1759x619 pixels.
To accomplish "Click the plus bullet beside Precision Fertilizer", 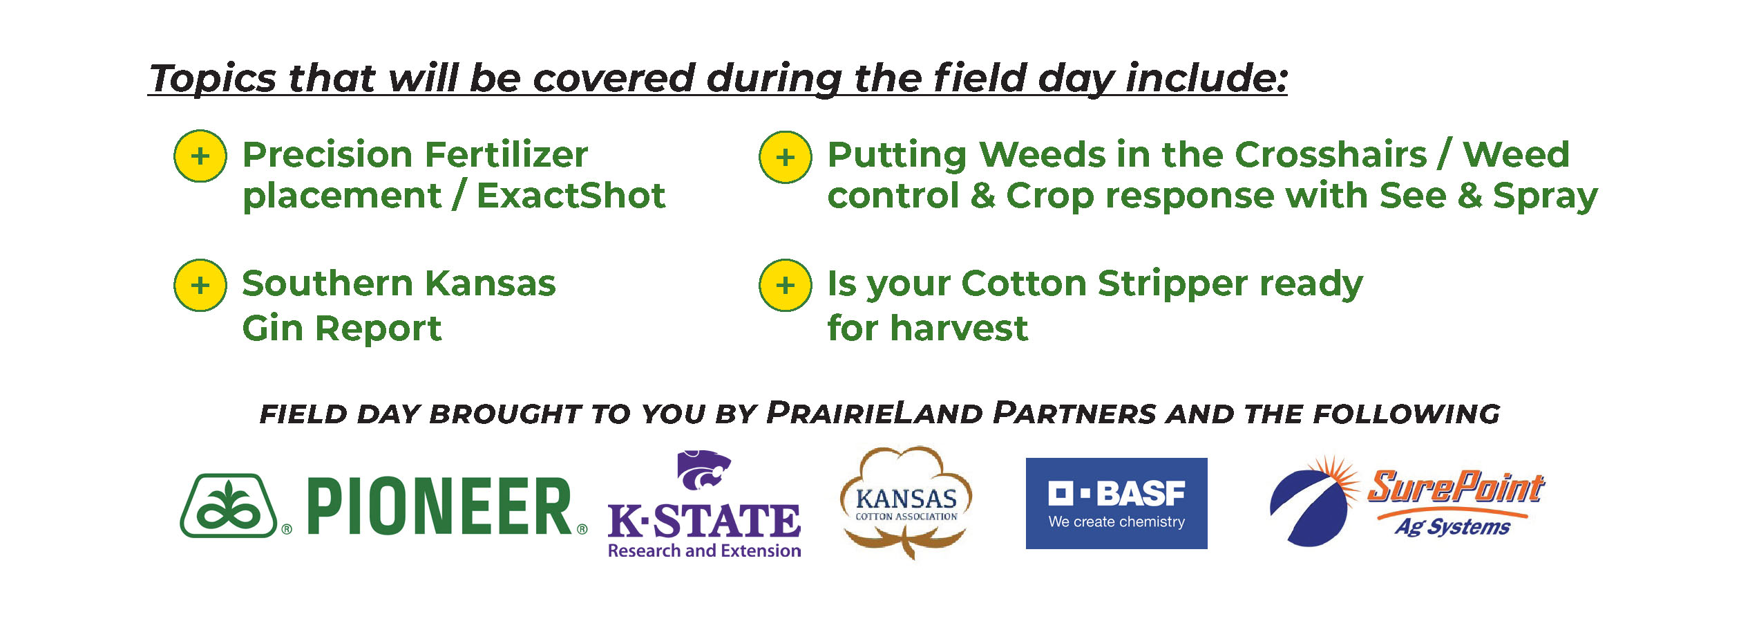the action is pyautogui.click(x=200, y=156).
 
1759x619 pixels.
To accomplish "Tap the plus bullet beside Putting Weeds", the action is pyautogui.click(x=786, y=157).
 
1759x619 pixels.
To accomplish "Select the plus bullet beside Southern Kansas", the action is pyautogui.click(x=200, y=285).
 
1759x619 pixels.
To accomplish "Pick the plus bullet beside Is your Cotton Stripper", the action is pyautogui.click(x=786, y=285).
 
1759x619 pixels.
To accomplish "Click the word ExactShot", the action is pyautogui.click(x=571, y=196).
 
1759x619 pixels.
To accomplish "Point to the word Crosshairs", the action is pyautogui.click(x=1331, y=154).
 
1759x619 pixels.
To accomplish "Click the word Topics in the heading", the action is pyautogui.click(x=213, y=78).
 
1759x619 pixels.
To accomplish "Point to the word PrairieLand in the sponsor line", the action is pyautogui.click(x=875, y=413).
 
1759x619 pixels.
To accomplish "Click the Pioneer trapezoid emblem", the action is pyautogui.click(x=229, y=506).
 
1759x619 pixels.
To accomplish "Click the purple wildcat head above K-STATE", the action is pyautogui.click(x=703, y=470).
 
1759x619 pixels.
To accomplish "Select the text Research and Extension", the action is pyautogui.click(x=704, y=551).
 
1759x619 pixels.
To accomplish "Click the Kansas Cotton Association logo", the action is pyautogui.click(x=906, y=503).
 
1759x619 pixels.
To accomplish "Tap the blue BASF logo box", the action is pyautogui.click(x=1116, y=503).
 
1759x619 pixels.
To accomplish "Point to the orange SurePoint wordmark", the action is pyautogui.click(x=1456, y=487).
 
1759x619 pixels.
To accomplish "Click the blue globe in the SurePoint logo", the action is pyautogui.click(x=1309, y=508).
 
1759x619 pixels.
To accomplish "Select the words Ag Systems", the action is pyautogui.click(x=1452, y=527).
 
